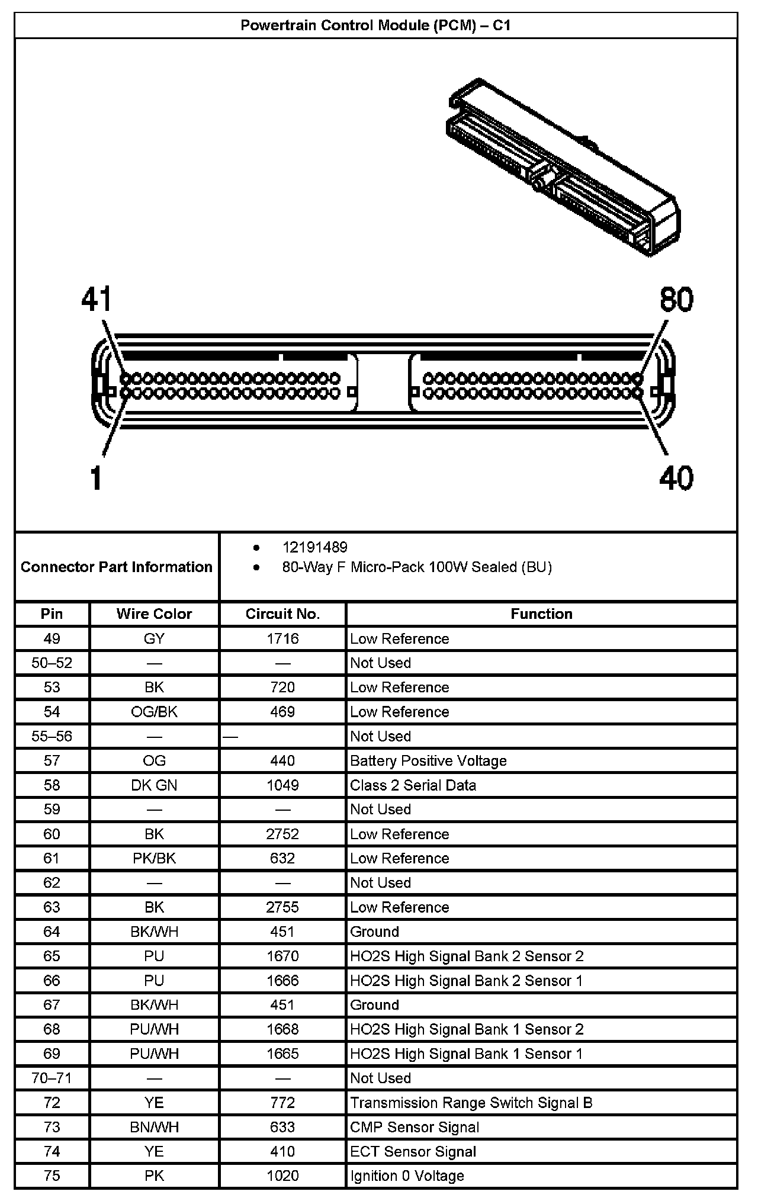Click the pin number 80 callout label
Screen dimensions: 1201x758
(x=676, y=300)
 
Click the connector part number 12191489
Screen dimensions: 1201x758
(x=314, y=547)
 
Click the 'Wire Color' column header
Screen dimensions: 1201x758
(x=154, y=614)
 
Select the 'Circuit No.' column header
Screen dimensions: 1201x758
(x=282, y=614)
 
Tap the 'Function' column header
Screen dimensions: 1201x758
(x=541, y=614)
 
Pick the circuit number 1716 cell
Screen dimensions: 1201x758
(x=282, y=638)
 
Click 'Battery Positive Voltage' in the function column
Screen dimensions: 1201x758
(x=428, y=760)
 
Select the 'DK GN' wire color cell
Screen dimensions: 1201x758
(x=154, y=785)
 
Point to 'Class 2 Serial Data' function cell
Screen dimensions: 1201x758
(x=413, y=785)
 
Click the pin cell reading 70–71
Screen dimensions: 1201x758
(x=52, y=1078)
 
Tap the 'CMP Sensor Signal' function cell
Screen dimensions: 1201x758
(x=414, y=1126)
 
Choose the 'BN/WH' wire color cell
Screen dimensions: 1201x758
(x=154, y=1126)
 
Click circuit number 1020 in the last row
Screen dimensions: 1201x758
(x=282, y=1176)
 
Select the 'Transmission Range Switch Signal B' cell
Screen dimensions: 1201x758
(x=471, y=1102)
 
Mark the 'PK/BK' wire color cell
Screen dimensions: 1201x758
(x=154, y=858)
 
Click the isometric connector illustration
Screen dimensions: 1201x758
(x=563, y=169)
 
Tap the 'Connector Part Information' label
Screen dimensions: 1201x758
(x=116, y=567)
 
